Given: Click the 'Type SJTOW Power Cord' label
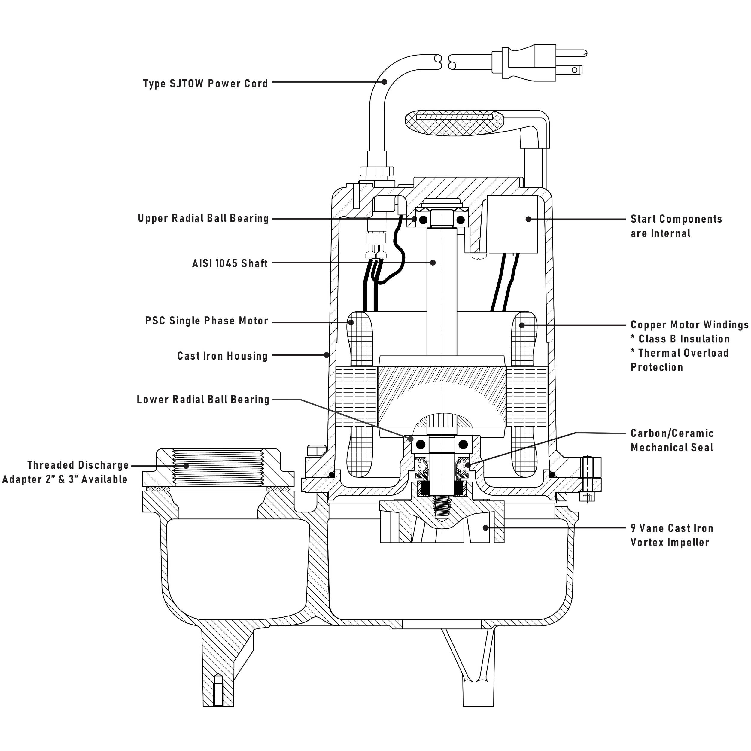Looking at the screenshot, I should [205, 84].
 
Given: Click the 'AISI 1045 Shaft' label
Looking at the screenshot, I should [230, 263].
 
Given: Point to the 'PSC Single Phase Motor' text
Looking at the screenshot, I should [206, 321].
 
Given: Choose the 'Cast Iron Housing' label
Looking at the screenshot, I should [222, 356].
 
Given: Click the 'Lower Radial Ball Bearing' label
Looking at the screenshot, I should [203, 400].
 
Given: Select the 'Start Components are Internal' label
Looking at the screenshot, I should [676, 226].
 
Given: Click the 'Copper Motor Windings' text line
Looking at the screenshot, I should [689, 325].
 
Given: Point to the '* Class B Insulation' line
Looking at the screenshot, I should [680, 339].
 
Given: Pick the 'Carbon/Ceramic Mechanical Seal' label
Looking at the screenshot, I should [672, 440].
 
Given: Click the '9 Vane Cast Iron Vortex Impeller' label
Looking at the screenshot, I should [672, 535].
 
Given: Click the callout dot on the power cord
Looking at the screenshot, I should [384, 82].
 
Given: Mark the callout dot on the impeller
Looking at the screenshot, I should [485, 528].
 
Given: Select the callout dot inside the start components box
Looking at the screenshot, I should [528, 219].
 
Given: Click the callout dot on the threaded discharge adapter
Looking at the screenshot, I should [186, 466].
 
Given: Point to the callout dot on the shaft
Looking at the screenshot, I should [433, 263].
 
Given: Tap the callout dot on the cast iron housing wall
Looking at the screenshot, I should [327, 355].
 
